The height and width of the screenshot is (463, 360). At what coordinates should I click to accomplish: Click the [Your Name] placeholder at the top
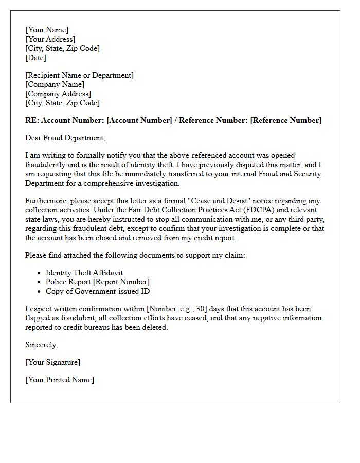[x=47, y=30]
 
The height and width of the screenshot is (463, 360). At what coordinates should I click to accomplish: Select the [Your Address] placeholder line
[x=50, y=39]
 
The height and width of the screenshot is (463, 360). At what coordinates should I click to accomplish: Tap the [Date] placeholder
[x=35, y=58]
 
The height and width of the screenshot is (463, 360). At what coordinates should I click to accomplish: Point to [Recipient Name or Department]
[x=79, y=75]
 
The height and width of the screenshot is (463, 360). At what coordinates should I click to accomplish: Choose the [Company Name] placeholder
[x=55, y=84]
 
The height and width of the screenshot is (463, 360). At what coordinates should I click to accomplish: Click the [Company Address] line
[x=58, y=94]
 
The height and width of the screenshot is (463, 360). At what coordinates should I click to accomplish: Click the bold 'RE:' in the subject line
[x=32, y=120]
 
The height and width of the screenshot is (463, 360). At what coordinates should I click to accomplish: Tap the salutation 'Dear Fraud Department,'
[x=65, y=138]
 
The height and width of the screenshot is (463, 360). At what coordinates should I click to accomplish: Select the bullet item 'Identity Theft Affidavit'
[x=84, y=273]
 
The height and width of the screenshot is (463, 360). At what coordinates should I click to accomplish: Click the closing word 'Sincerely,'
[x=42, y=345]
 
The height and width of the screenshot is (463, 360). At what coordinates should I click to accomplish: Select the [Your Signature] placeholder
[x=52, y=362]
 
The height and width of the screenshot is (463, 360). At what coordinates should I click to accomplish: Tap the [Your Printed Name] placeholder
[x=60, y=380]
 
